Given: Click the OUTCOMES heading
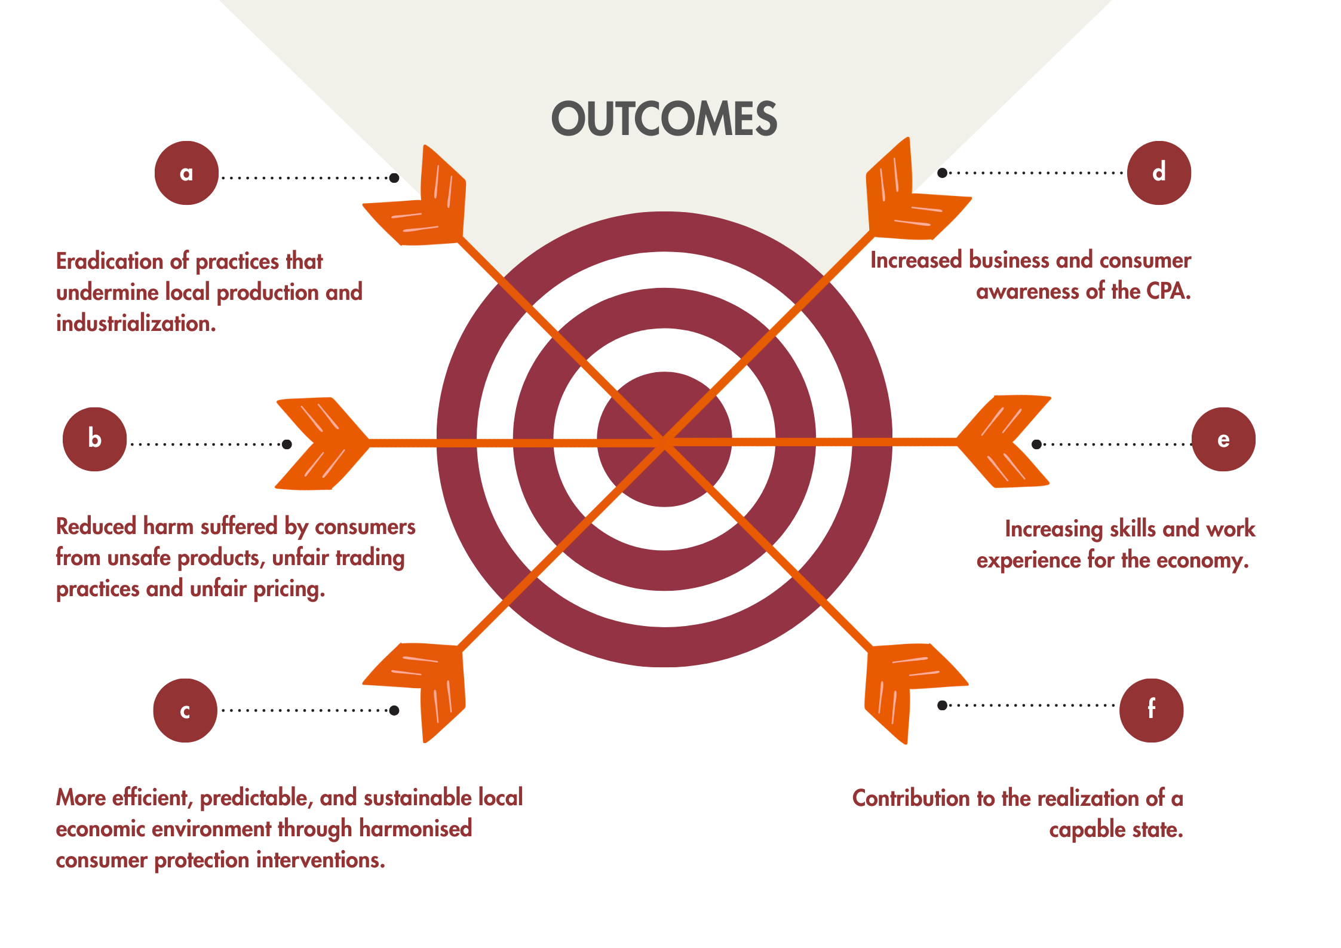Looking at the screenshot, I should [x=664, y=119].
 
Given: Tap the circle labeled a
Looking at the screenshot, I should [x=186, y=173].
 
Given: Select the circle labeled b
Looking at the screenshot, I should [x=94, y=440].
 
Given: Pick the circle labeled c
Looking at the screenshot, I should [x=185, y=710].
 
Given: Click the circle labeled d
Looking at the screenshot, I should [x=1159, y=173].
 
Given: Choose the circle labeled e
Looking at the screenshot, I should [x=1223, y=440].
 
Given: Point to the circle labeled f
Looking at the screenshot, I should [x=1151, y=710].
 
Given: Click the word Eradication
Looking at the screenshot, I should [x=109, y=262].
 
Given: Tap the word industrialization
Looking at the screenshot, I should [x=135, y=324].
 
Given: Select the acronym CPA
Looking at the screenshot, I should [x=1168, y=292].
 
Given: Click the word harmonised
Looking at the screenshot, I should [x=416, y=829].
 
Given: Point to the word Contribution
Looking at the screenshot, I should [x=911, y=799].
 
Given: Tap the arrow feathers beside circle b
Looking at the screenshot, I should [x=320, y=443].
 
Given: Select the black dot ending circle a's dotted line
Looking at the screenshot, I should [x=394, y=178].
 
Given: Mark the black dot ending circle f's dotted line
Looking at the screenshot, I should [x=942, y=705].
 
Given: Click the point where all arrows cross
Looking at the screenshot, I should [x=664, y=443].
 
